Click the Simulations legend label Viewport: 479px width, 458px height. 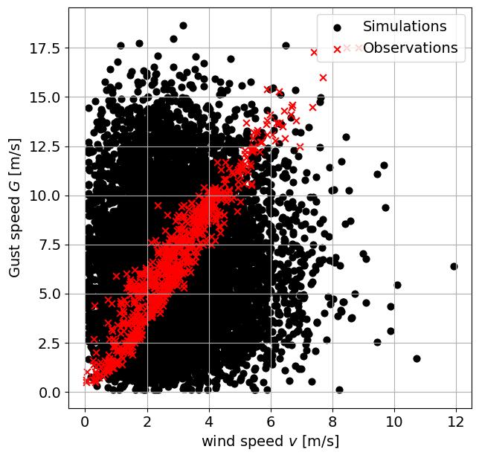point(405,27)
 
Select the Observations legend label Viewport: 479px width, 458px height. point(410,48)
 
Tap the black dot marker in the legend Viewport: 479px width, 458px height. point(337,28)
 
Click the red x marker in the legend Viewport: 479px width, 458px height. point(337,48)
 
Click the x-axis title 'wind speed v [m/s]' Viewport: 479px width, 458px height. point(270,441)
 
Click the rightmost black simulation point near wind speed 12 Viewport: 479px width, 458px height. point(454,266)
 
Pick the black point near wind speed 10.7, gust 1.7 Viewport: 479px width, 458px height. point(417,358)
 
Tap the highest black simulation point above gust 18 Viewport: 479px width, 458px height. point(183,25)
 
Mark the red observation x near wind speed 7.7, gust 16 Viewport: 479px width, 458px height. point(323,77)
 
